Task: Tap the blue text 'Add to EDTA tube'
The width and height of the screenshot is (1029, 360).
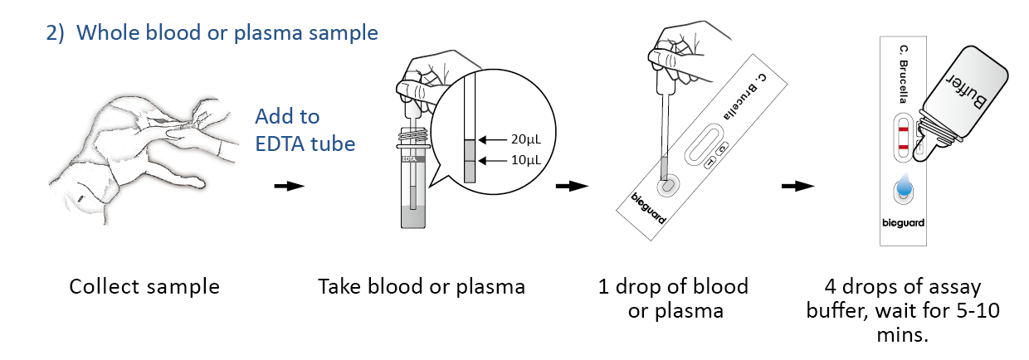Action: point(305,129)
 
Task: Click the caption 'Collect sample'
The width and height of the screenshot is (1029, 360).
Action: point(144,287)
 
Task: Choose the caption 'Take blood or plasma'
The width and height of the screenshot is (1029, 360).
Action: point(422,287)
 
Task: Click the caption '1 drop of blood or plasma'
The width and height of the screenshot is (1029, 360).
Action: point(673,299)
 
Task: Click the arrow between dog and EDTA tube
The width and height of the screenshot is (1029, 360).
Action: point(289,186)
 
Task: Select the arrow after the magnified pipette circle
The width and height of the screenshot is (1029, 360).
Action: point(571,186)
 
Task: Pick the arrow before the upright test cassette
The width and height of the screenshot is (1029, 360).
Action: point(797,186)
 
